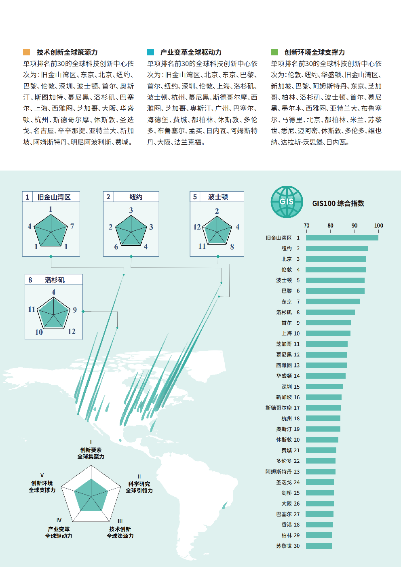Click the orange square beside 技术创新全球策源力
[x=27, y=52]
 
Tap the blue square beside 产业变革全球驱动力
[x=150, y=52]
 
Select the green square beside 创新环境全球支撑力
[x=274, y=52]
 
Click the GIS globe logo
[x=287, y=202]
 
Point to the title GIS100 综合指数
[x=338, y=203]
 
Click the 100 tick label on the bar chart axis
[x=378, y=226]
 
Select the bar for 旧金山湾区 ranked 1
[x=342, y=238]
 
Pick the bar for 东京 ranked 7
[x=333, y=301]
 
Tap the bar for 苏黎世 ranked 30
[x=319, y=546]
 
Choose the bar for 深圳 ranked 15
[x=325, y=387]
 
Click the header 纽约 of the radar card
[x=136, y=197]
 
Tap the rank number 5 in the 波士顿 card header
[x=195, y=197]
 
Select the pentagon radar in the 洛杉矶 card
[x=53, y=313]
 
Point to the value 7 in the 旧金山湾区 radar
[x=72, y=226]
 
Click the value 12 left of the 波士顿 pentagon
[x=197, y=227]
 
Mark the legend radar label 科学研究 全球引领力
[x=139, y=487]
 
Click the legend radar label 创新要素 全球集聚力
[x=91, y=453]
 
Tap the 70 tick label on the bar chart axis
[x=306, y=226]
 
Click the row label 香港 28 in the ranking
[x=290, y=525]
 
